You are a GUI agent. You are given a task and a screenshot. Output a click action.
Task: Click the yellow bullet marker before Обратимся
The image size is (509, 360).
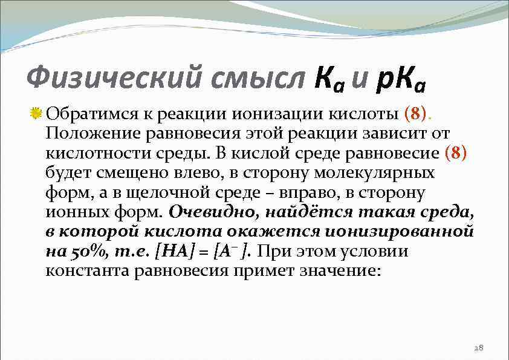tap(36, 114)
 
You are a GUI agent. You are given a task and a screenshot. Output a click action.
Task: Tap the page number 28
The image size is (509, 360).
tap(479, 348)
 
